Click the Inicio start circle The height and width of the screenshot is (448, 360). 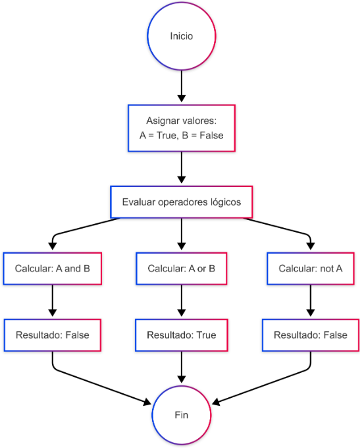coord(181,36)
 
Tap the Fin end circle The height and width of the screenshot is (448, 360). coord(181,415)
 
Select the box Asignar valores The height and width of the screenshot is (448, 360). coord(181,128)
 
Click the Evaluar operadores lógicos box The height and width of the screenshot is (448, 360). coord(181,202)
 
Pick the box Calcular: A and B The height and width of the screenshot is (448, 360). coord(53,269)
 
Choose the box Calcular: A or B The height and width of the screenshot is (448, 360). coord(181,269)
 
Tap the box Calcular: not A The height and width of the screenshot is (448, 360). coord(311,269)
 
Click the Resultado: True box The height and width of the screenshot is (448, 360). coord(181,335)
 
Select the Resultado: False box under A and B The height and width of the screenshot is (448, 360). coord(53,335)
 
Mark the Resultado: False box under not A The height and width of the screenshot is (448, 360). coord(311,335)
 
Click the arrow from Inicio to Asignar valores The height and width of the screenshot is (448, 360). coord(181,86)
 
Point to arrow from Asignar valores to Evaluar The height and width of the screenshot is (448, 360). coord(181,167)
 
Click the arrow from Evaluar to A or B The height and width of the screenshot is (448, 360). coord(181,234)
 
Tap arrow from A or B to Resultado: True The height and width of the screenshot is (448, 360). coord(181,300)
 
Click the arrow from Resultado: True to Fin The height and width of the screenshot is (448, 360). coord(181,367)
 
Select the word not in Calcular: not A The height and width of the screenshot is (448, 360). coord(327,269)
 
